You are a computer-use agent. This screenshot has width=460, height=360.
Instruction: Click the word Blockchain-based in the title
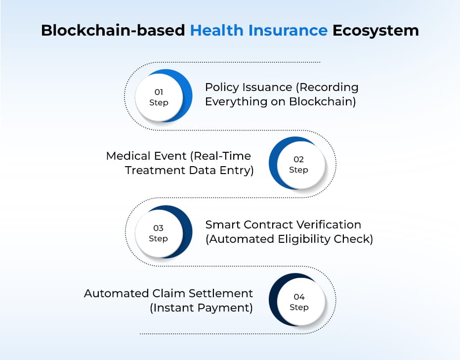click(x=113, y=30)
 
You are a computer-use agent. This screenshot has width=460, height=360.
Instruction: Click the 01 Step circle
click(x=163, y=96)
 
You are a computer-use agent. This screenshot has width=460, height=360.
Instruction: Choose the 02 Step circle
click(x=297, y=163)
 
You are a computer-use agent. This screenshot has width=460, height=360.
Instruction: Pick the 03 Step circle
click(x=163, y=232)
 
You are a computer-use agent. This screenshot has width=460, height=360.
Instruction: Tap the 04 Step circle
click(x=297, y=300)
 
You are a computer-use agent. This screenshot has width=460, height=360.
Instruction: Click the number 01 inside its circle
click(x=159, y=92)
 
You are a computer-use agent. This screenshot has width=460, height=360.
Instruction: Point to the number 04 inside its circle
click(x=299, y=297)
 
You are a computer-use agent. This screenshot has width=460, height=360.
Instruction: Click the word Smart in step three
click(x=222, y=225)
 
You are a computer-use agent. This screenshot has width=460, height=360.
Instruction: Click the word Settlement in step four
click(x=220, y=293)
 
